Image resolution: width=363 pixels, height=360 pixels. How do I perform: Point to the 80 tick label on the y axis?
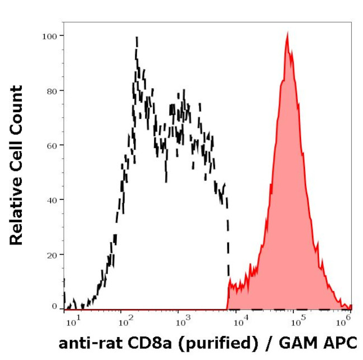tap(51, 90)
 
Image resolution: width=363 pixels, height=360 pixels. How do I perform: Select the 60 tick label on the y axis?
tap(51, 145)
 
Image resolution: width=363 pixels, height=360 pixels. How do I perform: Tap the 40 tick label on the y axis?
tap(51, 200)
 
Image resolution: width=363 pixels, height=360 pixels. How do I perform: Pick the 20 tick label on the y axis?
tap(51, 255)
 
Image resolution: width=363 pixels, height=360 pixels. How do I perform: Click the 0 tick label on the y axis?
tap(54, 307)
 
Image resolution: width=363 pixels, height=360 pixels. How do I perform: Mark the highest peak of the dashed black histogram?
tap(136, 38)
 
